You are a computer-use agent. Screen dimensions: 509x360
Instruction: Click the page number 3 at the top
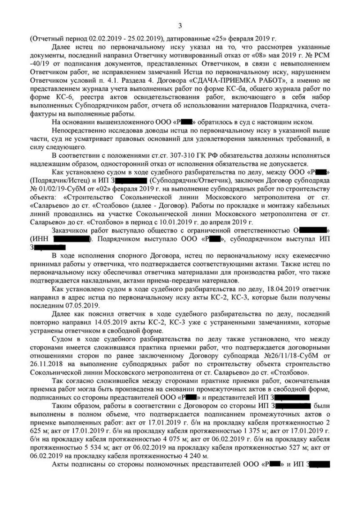point(180,26)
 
